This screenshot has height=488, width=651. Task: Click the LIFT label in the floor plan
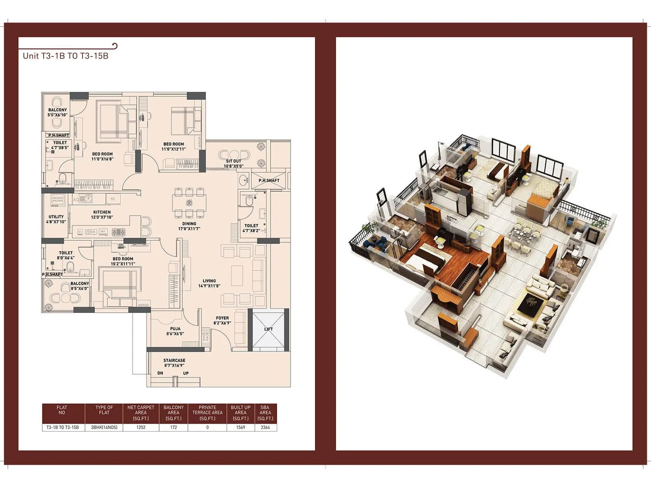[269, 329]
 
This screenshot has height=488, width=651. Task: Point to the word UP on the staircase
[186, 373]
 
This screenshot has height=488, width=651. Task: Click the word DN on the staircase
[160, 373]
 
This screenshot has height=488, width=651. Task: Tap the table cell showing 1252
[141, 427]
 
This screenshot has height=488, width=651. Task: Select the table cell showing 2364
[265, 427]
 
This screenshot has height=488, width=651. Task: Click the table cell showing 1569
[240, 427]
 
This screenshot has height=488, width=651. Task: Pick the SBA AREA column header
[265, 413]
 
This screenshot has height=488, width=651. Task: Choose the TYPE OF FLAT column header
[104, 410]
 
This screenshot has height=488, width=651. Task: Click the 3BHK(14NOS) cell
[104, 427]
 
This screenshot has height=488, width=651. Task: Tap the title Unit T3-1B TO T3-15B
[66, 56]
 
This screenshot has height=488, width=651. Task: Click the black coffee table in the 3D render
[531, 303]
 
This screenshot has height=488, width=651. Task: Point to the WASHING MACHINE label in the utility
[58, 199]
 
